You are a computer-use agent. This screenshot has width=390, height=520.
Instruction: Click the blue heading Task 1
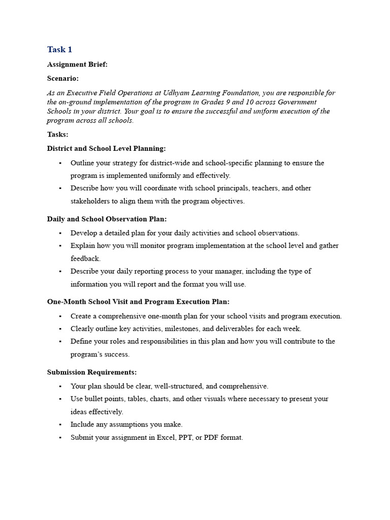click(59, 49)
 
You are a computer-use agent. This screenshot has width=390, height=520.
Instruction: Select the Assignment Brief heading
click(77, 64)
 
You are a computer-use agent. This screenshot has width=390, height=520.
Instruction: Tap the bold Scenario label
click(62, 79)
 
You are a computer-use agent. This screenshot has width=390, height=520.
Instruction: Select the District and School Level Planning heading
click(106, 148)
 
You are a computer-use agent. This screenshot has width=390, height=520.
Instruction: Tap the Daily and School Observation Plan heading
click(107, 219)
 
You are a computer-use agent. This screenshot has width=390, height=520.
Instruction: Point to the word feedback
click(85, 258)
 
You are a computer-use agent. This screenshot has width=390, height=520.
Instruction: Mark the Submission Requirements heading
click(92, 372)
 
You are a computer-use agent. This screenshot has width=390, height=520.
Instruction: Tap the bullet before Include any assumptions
click(60, 425)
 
